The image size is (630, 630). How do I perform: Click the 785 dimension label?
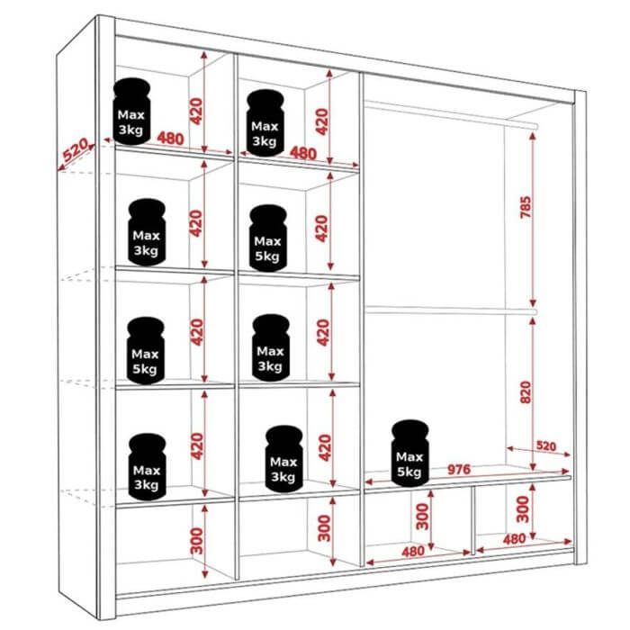(x=525, y=207)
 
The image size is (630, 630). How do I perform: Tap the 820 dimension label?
(x=525, y=392)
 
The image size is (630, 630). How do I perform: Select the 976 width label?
(x=458, y=469)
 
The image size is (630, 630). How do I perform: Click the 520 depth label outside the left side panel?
(x=76, y=149)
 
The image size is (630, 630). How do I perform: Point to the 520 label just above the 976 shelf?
(x=546, y=446)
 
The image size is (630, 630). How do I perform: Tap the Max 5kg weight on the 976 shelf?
(x=409, y=454)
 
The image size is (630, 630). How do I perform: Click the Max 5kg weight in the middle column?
(x=268, y=238)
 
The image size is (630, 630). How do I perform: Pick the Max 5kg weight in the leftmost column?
(x=146, y=350)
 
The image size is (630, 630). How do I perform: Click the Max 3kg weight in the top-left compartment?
(x=131, y=111)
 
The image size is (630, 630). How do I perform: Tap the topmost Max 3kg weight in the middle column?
(x=265, y=122)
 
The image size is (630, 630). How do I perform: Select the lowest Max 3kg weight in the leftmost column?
(x=147, y=467)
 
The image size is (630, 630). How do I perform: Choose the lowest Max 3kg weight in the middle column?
(x=283, y=459)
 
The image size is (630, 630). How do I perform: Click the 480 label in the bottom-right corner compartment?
(x=514, y=539)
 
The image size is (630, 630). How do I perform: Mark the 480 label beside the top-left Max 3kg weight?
(x=170, y=139)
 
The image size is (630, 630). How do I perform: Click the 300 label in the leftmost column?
(x=197, y=541)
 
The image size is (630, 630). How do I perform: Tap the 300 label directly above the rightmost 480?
(x=522, y=509)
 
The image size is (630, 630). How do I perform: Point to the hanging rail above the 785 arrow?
(x=451, y=113)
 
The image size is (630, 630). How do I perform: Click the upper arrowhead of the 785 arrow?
(x=533, y=136)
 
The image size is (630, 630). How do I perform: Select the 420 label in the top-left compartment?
(x=195, y=112)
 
